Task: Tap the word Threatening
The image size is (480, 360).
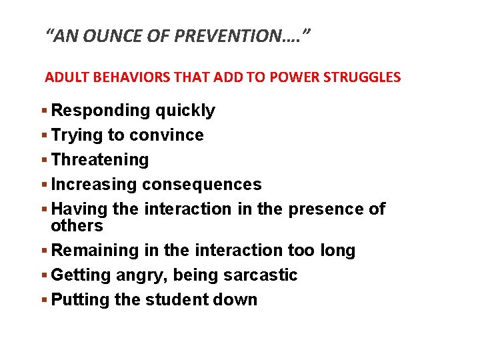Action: coord(100,160)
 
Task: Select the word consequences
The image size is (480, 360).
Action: coord(202,185)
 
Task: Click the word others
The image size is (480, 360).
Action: coord(77,226)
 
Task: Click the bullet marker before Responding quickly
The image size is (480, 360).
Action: coord(45,111)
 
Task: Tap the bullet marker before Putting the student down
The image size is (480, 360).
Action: coord(45,300)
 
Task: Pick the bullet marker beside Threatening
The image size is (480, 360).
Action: coord(45,160)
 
